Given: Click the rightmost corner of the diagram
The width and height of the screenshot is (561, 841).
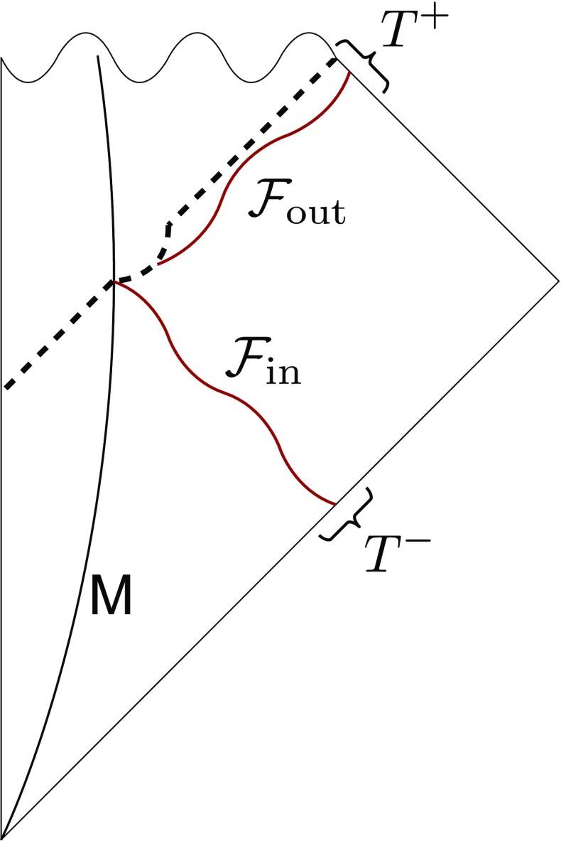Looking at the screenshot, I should coord(559,279).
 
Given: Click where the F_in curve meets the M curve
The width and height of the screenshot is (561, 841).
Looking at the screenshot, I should coord(114,282).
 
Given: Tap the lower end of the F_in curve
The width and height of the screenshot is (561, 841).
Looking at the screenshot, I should coord(334,505).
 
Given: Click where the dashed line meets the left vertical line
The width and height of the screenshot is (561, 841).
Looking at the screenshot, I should coord(3,388).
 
